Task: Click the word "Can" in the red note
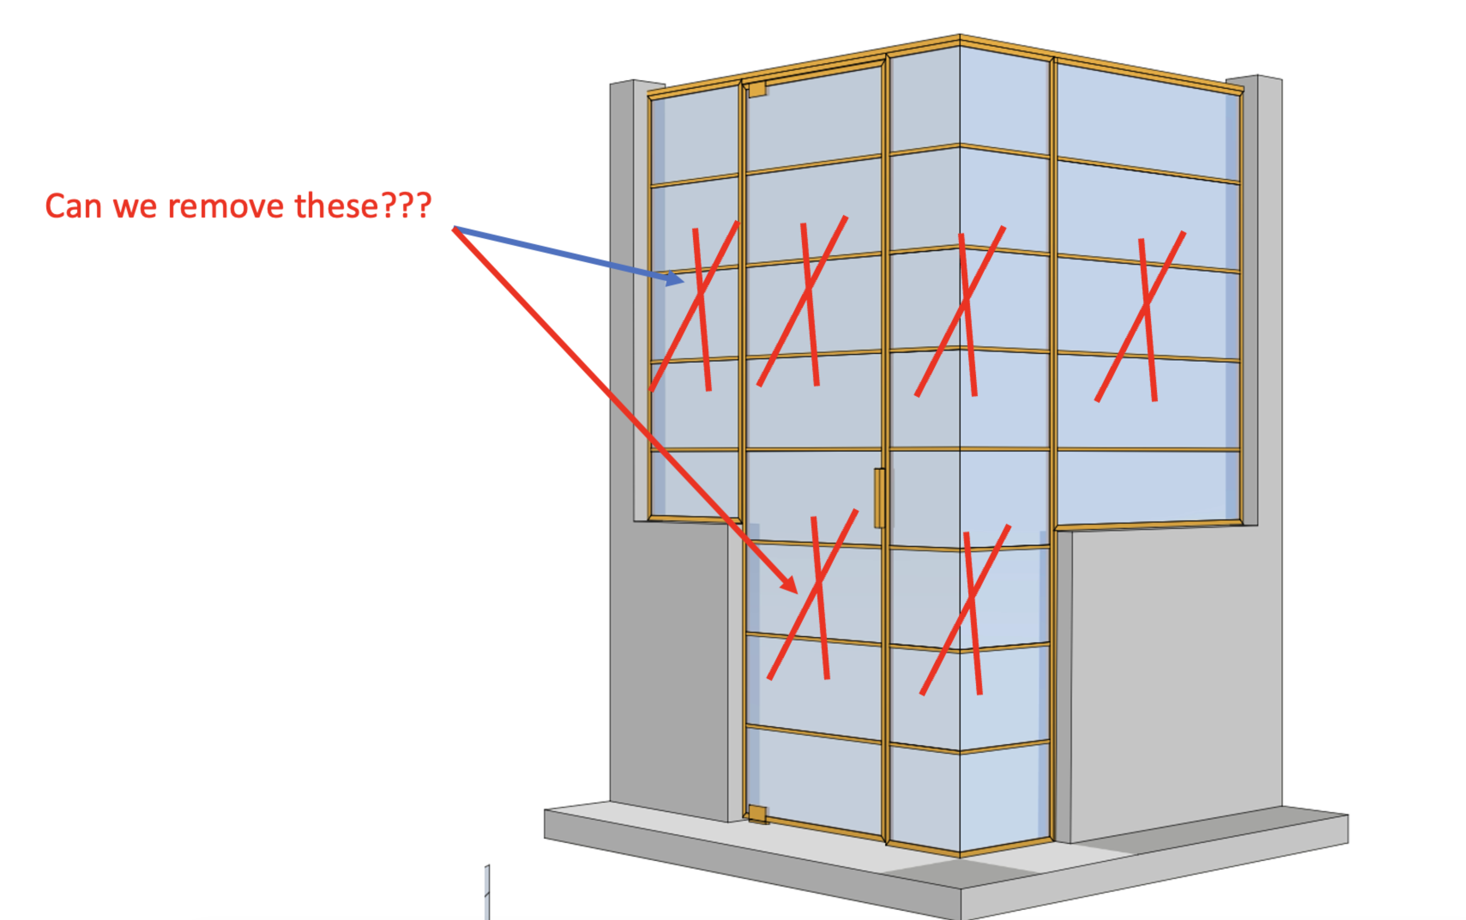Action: click(73, 206)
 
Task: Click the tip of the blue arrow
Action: click(684, 281)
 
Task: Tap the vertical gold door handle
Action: click(879, 498)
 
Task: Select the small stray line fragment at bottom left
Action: click(487, 892)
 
